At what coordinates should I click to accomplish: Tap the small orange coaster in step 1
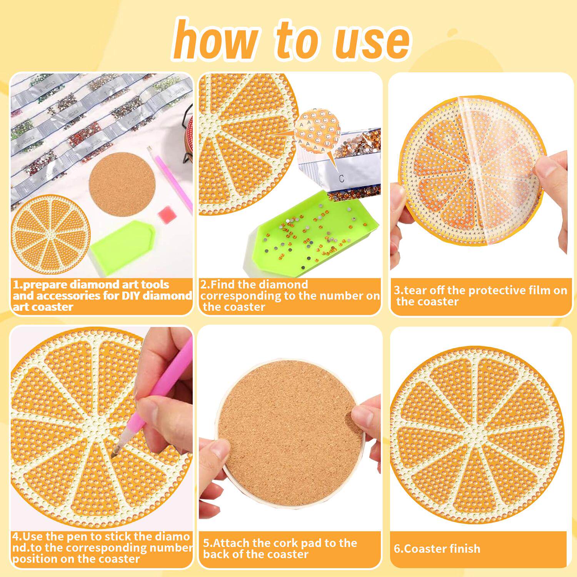point(50,234)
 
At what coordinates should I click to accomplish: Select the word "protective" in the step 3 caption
point(493,291)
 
